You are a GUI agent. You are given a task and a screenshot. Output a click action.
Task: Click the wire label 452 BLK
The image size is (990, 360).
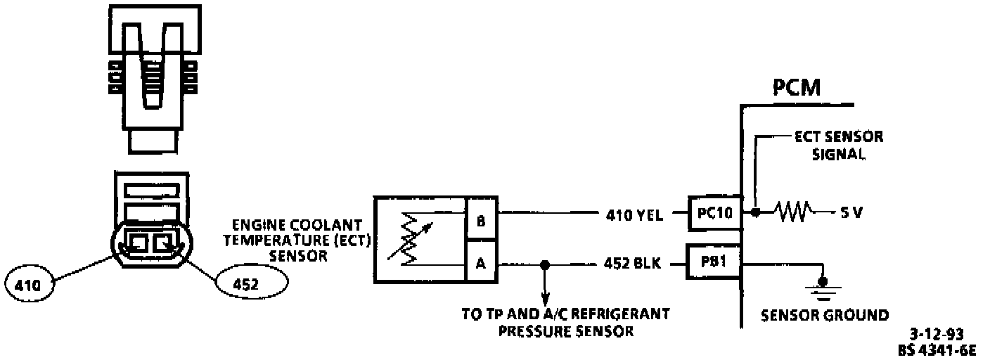click(631, 266)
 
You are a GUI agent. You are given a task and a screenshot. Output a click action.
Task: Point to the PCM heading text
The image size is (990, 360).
click(797, 90)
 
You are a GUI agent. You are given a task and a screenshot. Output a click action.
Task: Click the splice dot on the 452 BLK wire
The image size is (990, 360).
click(544, 266)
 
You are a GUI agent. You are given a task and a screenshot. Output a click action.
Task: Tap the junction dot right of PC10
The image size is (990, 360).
click(754, 212)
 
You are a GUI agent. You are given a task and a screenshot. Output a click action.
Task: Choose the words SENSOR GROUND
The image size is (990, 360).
click(825, 314)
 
